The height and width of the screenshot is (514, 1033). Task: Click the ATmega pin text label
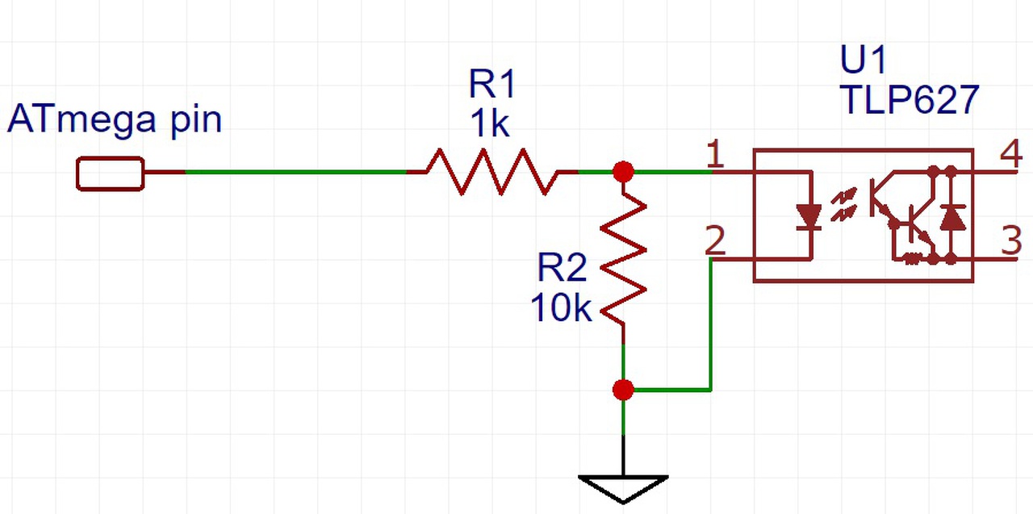tap(114, 121)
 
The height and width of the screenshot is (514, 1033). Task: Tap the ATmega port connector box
tap(110, 173)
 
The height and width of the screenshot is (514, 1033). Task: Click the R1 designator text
tap(491, 86)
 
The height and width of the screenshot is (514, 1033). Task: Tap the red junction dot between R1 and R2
tap(623, 171)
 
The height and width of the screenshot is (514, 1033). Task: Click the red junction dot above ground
tap(623, 391)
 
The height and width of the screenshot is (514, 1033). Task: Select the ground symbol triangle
tap(623, 487)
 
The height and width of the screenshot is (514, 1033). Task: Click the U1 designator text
tap(863, 61)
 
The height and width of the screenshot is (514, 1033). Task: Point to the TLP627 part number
tap(909, 101)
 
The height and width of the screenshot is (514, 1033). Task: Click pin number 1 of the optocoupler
tap(713, 153)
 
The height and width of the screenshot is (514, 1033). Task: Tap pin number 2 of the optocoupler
tap(713, 240)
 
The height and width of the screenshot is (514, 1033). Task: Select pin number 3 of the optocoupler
tap(1012, 243)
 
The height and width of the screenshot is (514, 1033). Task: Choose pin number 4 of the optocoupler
tap(1012, 154)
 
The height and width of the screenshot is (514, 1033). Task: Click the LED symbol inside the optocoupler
tap(809, 215)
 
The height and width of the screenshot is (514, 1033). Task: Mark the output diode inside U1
tap(953, 216)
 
